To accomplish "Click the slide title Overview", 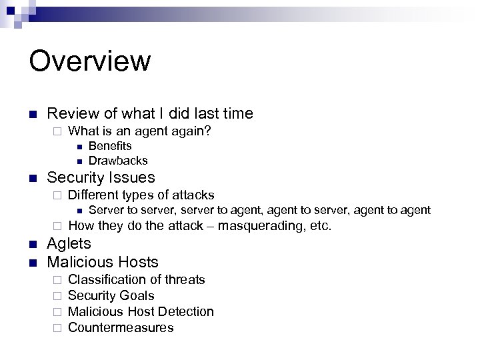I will (x=90, y=61).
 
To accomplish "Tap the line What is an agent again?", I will (x=140, y=131).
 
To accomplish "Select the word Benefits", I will (x=110, y=146).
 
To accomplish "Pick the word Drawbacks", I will (x=118, y=161).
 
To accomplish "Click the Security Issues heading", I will (x=101, y=177).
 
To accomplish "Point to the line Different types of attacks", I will (x=141, y=195).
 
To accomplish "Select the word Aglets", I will (x=69, y=243).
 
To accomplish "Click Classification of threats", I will (x=137, y=279).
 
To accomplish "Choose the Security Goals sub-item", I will (x=111, y=295).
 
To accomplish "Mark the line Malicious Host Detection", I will (x=141, y=311).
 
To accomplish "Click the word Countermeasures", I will (x=121, y=327).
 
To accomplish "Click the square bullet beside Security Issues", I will (x=33, y=178).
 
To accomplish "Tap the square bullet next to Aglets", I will (x=33, y=244).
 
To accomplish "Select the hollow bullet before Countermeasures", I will (x=58, y=328).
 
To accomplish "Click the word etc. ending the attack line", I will (x=319, y=225).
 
